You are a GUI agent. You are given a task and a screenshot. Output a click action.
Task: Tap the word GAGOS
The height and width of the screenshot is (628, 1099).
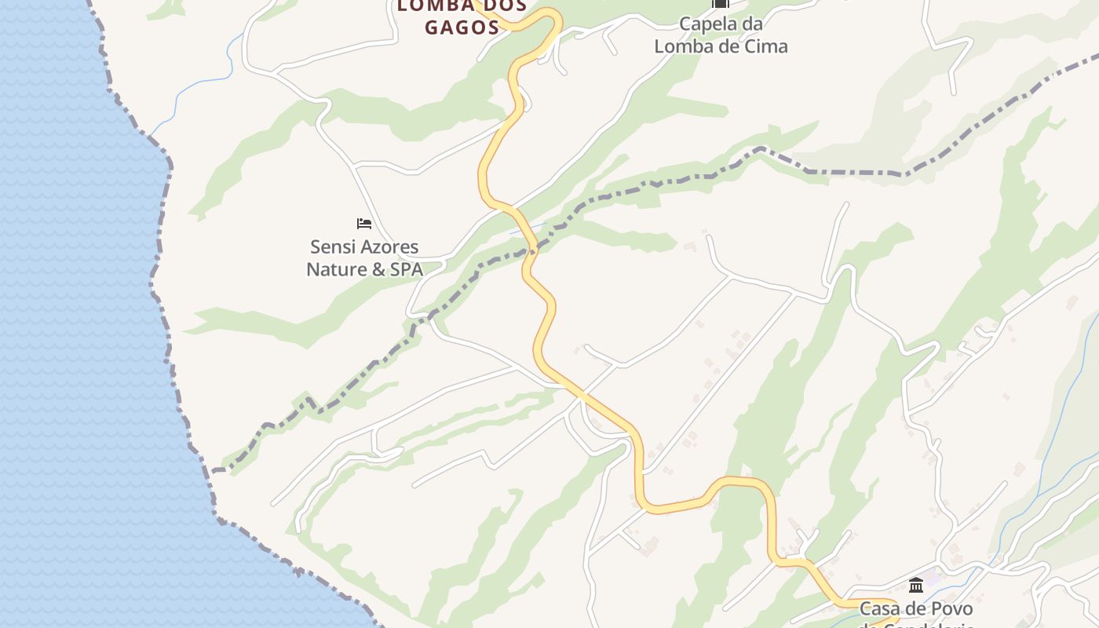462,27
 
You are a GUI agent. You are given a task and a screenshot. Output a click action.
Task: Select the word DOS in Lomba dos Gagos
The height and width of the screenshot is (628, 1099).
502,6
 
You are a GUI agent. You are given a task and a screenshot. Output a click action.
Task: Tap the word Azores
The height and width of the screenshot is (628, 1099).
389,247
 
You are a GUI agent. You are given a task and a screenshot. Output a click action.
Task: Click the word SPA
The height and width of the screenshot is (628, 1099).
405,270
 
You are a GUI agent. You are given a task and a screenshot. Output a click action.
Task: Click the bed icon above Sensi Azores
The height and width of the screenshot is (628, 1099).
364,224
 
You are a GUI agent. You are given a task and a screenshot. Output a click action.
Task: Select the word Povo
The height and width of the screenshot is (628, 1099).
951,609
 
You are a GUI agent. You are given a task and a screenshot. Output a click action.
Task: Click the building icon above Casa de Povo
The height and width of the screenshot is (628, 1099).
916,586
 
